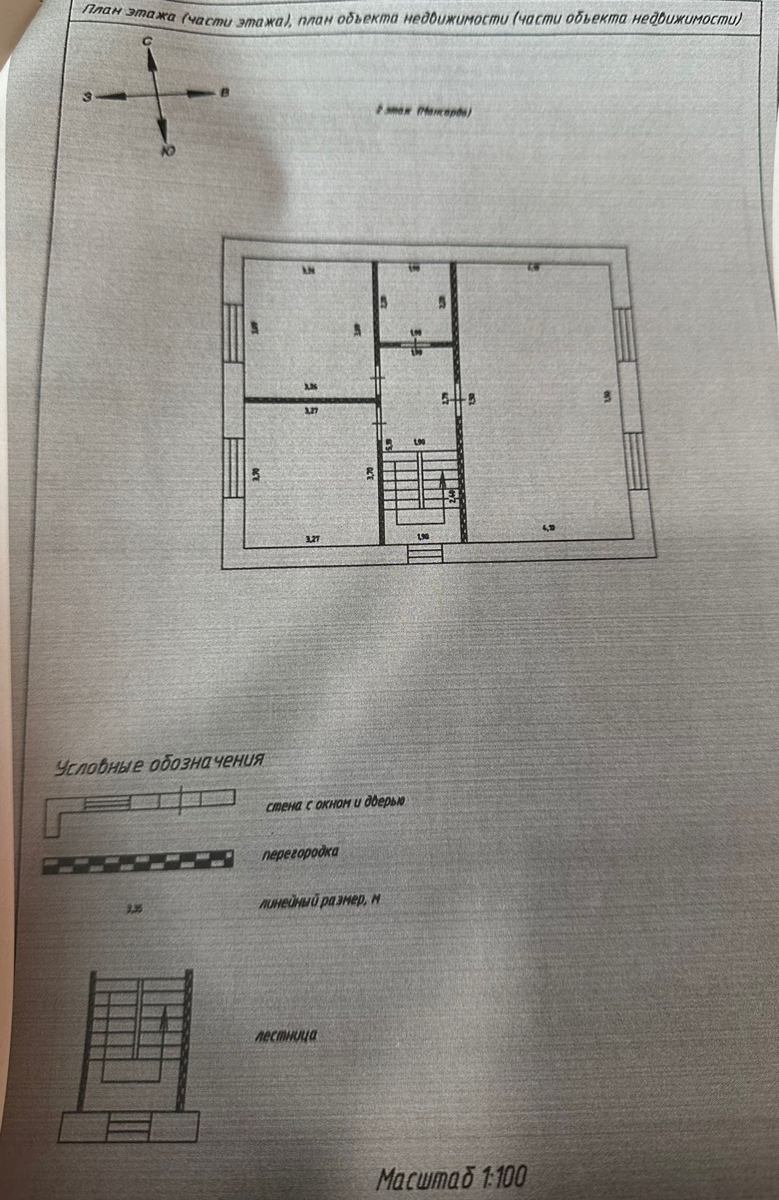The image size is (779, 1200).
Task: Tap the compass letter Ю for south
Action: coord(166,150)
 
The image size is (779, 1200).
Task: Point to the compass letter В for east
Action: coord(224,93)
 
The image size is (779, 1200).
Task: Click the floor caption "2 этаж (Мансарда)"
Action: coord(423,111)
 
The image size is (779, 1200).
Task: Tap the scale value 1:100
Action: coord(504,1176)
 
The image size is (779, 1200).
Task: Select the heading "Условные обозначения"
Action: coord(160,763)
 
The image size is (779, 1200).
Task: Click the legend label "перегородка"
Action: coord(300,852)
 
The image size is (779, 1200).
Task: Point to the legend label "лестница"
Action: coord(286,1035)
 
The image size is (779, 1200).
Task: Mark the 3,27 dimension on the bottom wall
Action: coord(312,539)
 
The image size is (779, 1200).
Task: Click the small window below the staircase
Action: coord(425,555)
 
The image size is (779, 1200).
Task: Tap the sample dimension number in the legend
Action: coord(134,909)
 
